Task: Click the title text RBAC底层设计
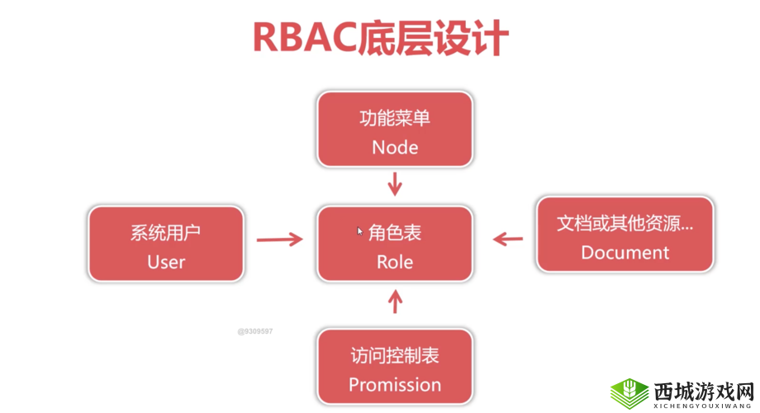pyautogui.click(x=380, y=39)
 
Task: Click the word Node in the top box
pyautogui.click(x=395, y=147)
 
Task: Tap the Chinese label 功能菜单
pyautogui.click(x=395, y=118)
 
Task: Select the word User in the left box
pyautogui.click(x=166, y=262)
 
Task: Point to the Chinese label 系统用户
pyautogui.click(x=166, y=233)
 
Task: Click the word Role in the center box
pyautogui.click(x=395, y=262)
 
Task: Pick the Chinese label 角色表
pyautogui.click(x=395, y=234)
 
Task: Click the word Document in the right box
pyautogui.click(x=625, y=253)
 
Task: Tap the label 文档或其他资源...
pyautogui.click(x=625, y=224)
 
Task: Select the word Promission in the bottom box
pyautogui.click(x=395, y=384)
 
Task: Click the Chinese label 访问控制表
pyautogui.click(x=395, y=356)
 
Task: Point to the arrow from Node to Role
pyautogui.click(x=395, y=183)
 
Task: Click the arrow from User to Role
pyautogui.click(x=279, y=240)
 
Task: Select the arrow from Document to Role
pyautogui.click(x=508, y=240)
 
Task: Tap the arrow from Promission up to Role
pyautogui.click(x=395, y=301)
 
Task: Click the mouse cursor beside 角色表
pyautogui.click(x=360, y=232)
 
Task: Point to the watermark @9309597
pyautogui.click(x=254, y=331)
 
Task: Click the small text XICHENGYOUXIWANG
pyautogui.click(x=702, y=406)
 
